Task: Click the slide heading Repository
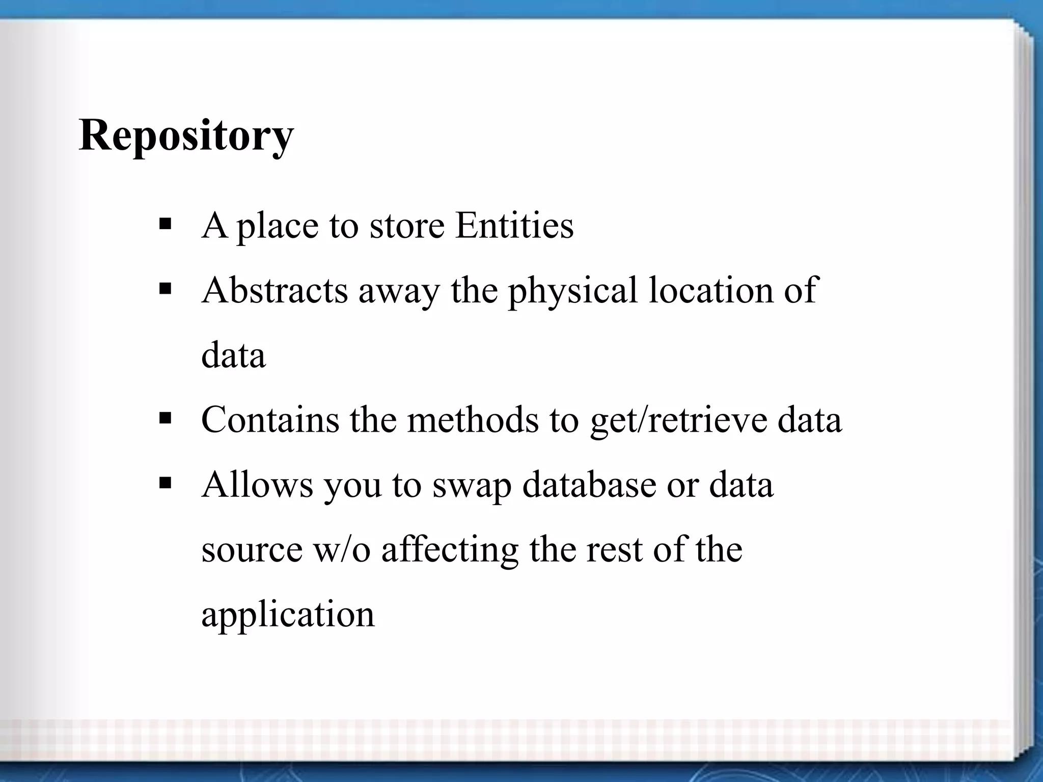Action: pos(186,135)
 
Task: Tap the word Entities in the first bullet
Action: pos(514,225)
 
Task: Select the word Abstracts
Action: pos(275,290)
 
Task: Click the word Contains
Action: pos(270,420)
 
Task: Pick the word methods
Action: pos(473,420)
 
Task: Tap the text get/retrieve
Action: pos(678,421)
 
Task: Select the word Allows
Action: pos(257,485)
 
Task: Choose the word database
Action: pos(589,485)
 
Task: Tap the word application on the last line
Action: pos(288,615)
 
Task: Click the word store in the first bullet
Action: pos(407,225)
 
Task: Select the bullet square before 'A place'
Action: pos(165,224)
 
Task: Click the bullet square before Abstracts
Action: pos(165,289)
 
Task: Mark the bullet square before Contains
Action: pos(165,419)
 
